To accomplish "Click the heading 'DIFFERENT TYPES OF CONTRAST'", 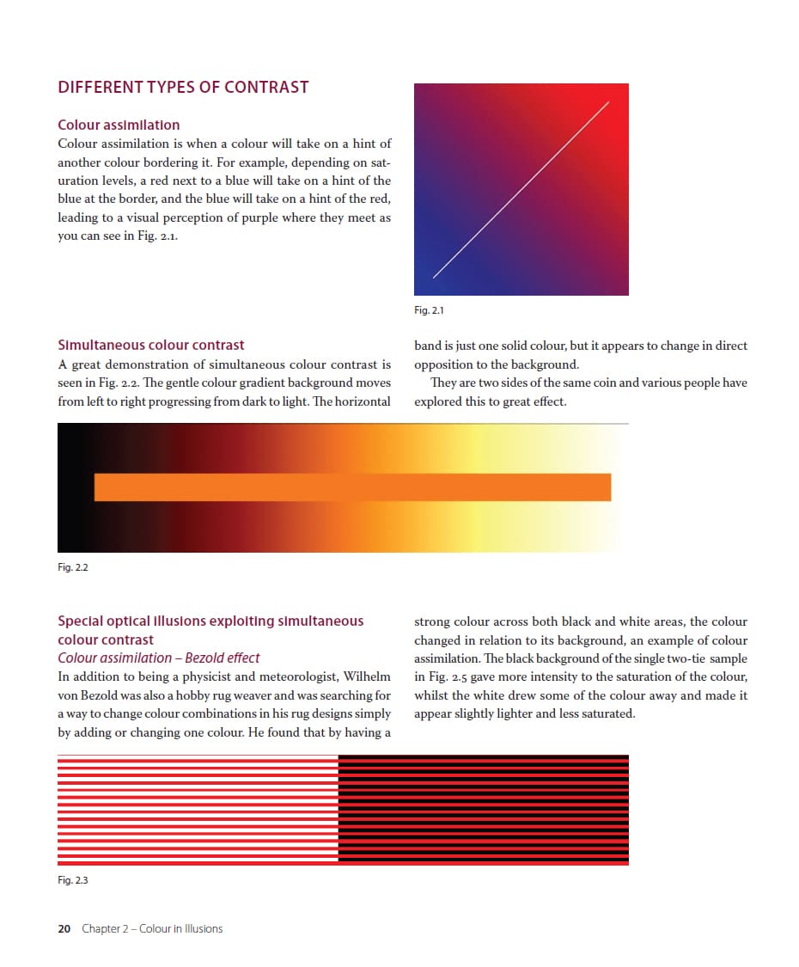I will click(x=183, y=87).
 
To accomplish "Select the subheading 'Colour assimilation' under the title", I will click(x=119, y=125).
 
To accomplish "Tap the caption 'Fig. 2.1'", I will click(x=428, y=310).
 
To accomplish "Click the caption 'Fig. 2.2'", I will click(x=73, y=567).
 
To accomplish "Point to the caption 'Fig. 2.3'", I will click(x=73, y=880).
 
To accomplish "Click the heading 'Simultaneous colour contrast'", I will click(x=150, y=345).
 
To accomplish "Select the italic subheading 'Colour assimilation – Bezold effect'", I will click(x=158, y=658).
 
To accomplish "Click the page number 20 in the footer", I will click(x=64, y=928).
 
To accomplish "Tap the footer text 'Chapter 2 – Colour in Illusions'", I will click(x=152, y=928).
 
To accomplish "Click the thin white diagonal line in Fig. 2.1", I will click(x=521, y=190).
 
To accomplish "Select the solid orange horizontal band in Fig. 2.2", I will click(x=352, y=487).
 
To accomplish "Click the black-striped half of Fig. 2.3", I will click(x=483, y=810).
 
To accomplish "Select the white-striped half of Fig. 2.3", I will click(x=198, y=810).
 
